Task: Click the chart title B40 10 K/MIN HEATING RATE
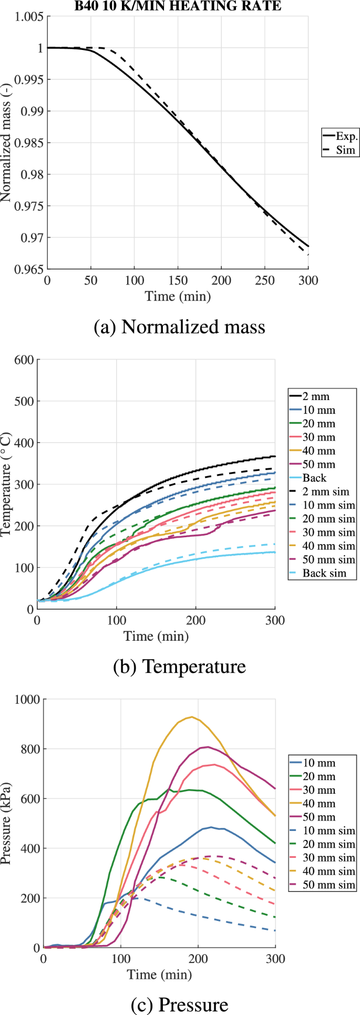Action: point(178,6)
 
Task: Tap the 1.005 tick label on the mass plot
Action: point(29,17)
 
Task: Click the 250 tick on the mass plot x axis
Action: point(265,280)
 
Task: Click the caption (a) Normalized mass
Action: point(179,327)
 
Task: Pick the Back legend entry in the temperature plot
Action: point(314,478)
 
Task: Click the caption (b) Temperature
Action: point(179,667)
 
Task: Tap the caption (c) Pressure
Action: point(179,1005)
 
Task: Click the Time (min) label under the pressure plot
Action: point(159,975)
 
